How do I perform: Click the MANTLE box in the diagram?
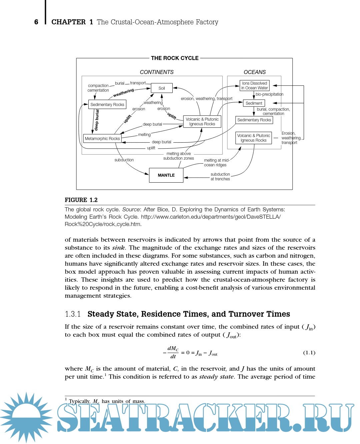166,175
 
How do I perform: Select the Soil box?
162,88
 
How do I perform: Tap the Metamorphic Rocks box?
102,138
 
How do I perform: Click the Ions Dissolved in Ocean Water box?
255,86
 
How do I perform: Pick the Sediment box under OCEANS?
254,103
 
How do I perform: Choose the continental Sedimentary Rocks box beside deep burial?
107,105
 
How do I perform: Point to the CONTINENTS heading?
157,72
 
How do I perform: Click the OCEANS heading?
255,72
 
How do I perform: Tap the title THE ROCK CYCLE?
175,58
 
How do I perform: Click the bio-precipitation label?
269,94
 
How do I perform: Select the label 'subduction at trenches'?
220,177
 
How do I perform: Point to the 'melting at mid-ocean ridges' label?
216,163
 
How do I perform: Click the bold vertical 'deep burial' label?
97,120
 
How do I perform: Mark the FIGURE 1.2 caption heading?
81,200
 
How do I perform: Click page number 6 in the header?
36,22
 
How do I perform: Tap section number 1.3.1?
73,314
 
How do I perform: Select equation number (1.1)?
309,353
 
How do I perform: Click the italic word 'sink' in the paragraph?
118,248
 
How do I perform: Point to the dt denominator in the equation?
173,357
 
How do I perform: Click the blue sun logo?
26,417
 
